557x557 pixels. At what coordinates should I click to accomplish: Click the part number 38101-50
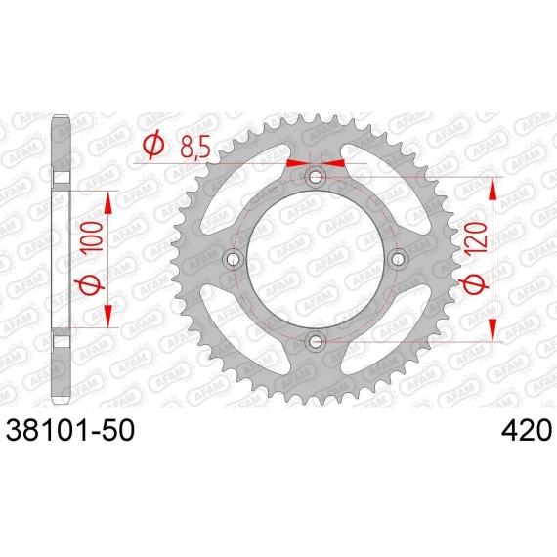click(x=70, y=430)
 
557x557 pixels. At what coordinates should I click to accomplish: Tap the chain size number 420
click(x=527, y=430)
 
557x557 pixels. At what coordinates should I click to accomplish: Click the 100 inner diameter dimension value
click(x=93, y=236)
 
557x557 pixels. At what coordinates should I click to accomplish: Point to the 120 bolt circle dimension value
click(x=477, y=237)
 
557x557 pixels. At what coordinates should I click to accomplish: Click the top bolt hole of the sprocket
click(x=315, y=177)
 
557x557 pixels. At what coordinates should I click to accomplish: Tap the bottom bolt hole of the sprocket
click(x=315, y=342)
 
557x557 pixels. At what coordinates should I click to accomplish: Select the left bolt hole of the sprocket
click(x=233, y=259)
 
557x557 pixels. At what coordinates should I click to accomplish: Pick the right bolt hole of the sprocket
click(x=397, y=259)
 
